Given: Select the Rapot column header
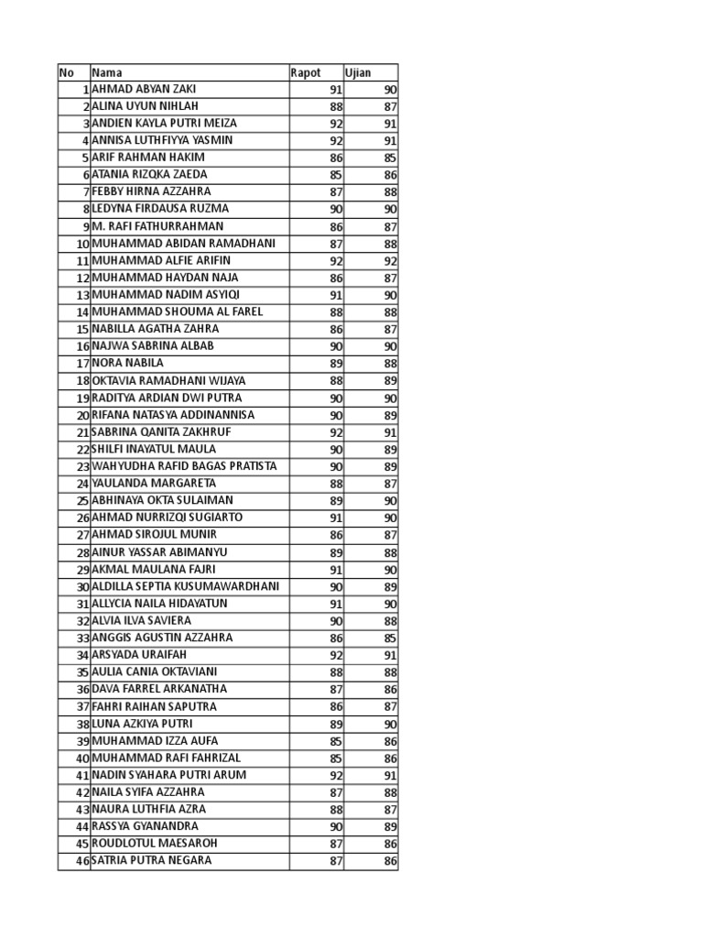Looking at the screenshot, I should tap(306, 72).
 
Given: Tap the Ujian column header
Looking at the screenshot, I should tap(358, 72).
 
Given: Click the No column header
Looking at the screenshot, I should tap(66, 72).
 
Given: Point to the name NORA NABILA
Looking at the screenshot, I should tap(128, 363).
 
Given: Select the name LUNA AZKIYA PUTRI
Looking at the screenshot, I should tap(142, 723).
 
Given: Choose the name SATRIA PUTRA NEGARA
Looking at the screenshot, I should tap(151, 860).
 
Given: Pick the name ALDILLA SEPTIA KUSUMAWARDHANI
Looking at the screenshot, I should tap(185, 586).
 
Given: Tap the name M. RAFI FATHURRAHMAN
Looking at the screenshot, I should tap(157, 226).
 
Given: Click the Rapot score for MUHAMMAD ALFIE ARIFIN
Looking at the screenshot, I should tap(336, 260).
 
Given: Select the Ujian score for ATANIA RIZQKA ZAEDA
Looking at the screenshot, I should tap(391, 174).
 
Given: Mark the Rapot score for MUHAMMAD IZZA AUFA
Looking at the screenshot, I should tap(336, 740).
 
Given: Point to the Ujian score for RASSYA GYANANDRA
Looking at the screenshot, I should tap(391, 826).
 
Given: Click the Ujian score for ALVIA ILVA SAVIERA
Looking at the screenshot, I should tap(391, 620).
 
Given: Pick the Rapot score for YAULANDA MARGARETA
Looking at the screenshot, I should tap(336, 483).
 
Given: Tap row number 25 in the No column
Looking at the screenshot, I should tap(82, 500).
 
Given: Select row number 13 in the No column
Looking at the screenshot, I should tap(82, 295).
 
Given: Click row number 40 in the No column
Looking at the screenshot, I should tap(82, 758).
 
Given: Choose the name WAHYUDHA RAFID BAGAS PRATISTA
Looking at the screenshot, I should tap(184, 466).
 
